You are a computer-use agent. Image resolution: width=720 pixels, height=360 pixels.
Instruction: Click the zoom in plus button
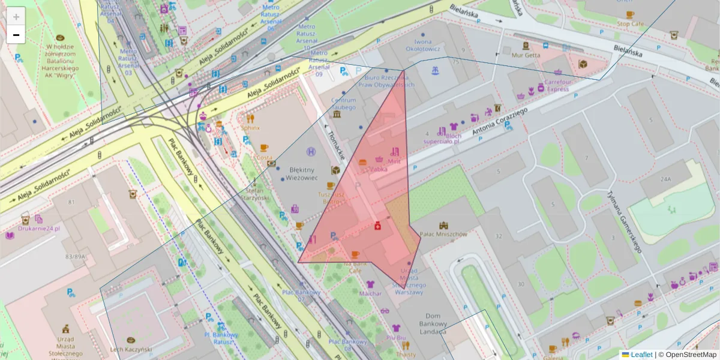point(16,17)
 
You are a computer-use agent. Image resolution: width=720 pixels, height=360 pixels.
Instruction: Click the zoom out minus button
point(16,35)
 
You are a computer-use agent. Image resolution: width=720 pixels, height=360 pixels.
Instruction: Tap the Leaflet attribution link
point(641,355)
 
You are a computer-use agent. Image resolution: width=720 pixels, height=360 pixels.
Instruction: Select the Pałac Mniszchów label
point(443,234)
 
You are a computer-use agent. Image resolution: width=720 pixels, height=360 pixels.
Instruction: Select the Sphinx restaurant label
point(250,128)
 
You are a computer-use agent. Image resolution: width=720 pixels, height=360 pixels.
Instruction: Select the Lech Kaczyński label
point(130,349)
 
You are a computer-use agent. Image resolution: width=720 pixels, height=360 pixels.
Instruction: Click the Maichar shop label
point(370,293)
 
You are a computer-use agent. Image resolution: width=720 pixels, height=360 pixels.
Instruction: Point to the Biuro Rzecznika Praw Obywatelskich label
point(386,81)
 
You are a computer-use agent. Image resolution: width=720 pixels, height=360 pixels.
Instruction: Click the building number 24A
point(665,179)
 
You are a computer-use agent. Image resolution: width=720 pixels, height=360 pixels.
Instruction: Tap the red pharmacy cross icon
point(377,226)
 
